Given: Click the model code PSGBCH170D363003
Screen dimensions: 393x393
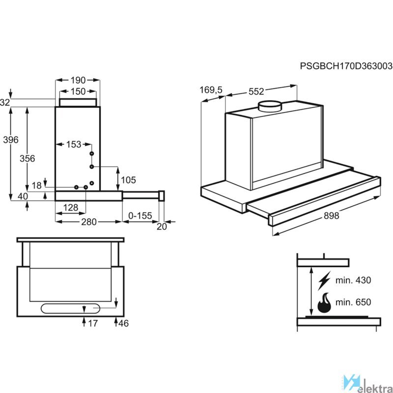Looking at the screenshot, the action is pyautogui.click(x=346, y=66).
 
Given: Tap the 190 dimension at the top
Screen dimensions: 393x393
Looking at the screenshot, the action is pyautogui.click(x=78, y=80).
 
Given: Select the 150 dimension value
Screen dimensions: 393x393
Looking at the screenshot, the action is pyautogui.click(x=78, y=91).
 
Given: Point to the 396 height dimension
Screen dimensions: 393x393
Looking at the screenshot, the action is pyautogui.click(x=11, y=140).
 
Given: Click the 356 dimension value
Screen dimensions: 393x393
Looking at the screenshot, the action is pyautogui.click(x=28, y=159).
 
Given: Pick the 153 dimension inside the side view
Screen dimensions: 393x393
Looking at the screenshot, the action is pyautogui.click(x=74, y=144).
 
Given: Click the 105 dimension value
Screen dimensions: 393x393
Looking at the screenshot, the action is pyautogui.click(x=128, y=180).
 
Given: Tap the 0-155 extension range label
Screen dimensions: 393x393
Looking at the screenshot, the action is pyautogui.click(x=140, y=216).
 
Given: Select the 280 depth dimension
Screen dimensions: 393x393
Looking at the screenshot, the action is pyautogui.click(x=89, y=222).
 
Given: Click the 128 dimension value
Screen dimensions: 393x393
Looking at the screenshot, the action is pyautogui.click(x=70, y=207).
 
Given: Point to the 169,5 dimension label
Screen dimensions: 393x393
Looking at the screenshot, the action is pyautogui.click(x=211, y=90).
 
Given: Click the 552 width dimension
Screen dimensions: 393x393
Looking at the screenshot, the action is pyautogui.click(x=256, y=91).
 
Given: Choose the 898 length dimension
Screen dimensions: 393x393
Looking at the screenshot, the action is pyautogui.click(x=331, y=216).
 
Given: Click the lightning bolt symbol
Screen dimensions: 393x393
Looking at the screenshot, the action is pyautogui.click(x=324, y=281).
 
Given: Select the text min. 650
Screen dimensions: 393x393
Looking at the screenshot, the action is pyautogui.click(x=353, y=302).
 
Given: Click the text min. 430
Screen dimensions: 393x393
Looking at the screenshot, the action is pyautogui.click(x=353, y=280).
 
